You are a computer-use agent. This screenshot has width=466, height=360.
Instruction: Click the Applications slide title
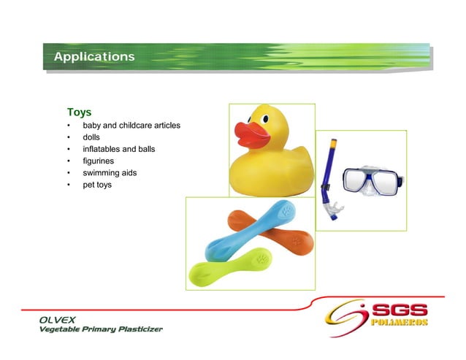pyautogui.click(x=94, y=57)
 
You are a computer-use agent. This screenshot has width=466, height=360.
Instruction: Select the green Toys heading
pyautogui.click(x=79, y=112)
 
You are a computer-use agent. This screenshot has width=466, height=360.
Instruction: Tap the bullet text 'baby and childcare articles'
pyautogui.click(x=131, y=126)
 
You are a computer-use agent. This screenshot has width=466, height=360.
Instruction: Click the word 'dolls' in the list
pyautogui.click(x=91, y=137)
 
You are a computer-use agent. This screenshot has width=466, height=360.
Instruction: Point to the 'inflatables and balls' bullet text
pyautogui.click(x=118, y=149)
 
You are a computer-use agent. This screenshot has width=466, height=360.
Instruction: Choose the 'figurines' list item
pyautogui.click(x=99, y=161)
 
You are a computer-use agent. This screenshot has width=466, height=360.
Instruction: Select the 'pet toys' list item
pyautogui.click(x=97, y=185)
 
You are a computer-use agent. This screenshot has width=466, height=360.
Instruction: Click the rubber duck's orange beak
pyautogui.click(x=252, y=134)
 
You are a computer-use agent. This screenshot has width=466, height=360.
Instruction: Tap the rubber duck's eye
pyautogui.click(x=265, y=118)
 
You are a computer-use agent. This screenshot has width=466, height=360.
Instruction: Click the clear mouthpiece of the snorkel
pyautogui.click(x=334, y=212)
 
